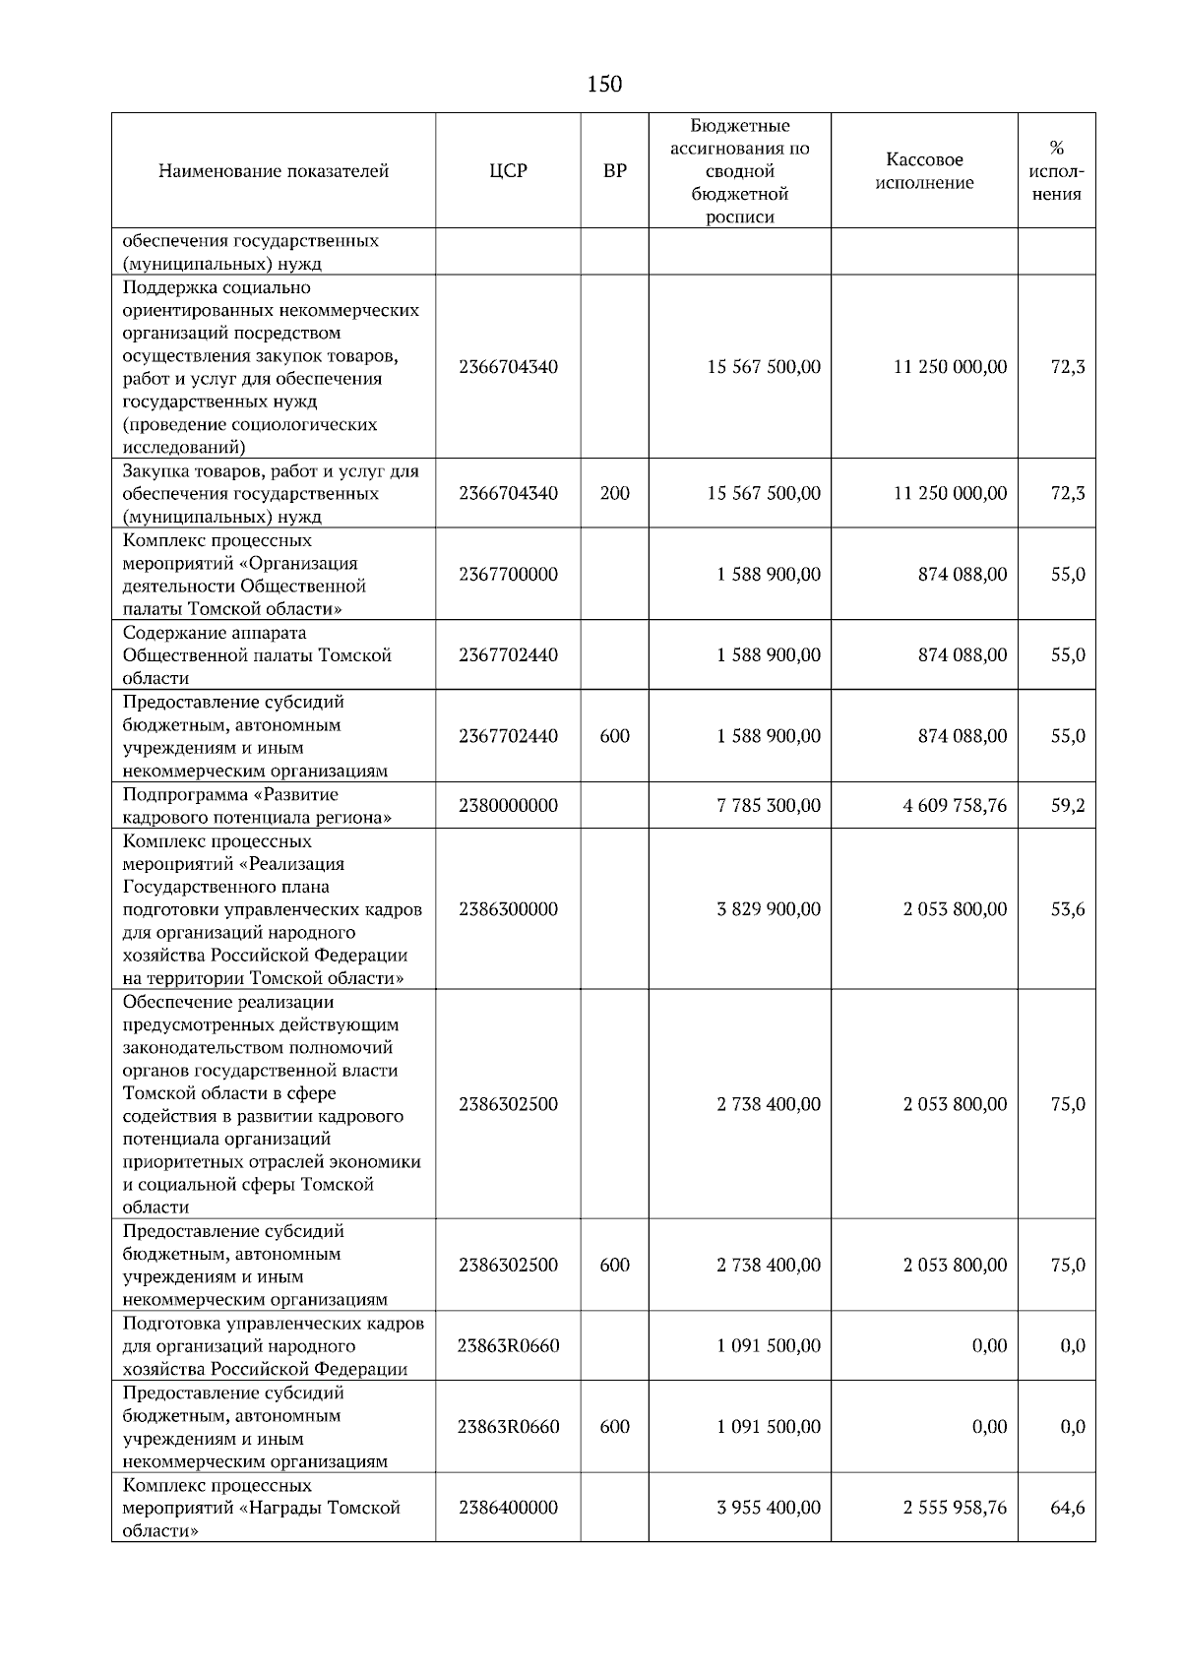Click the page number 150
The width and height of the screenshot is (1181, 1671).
[604, 85]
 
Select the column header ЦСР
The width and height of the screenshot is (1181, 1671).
[508, 171]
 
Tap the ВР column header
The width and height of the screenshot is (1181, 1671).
[614, 171]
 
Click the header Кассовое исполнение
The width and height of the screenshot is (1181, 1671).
[924, 171]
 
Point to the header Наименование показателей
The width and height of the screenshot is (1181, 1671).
[274, 171]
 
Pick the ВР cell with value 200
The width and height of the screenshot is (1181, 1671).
[614, 493]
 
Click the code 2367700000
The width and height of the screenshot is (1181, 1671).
[508, 575]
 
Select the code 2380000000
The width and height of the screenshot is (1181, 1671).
[508, 806]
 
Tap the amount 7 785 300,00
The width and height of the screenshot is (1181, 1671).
[768, 806]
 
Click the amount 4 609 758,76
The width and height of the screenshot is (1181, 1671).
[955, 806]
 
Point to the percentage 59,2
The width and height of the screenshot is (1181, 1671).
[1068, 806]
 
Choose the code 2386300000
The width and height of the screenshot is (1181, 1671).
[508, 909]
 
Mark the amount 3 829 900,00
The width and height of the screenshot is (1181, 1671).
[768, 909]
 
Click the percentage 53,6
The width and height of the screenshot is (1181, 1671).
[1068, 909]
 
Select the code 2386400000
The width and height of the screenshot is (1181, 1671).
[508, 1508]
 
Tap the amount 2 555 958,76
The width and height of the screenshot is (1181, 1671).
[955, 1508]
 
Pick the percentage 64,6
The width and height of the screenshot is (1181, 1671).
[1068, 1508]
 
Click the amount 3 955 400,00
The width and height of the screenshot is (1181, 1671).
[768, 1508]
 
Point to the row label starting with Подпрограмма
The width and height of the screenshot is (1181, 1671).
[257, 806]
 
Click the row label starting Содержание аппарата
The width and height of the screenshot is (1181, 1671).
[257, 655]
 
